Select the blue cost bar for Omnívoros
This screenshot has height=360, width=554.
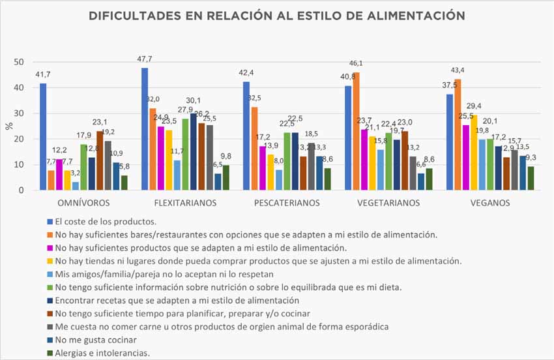click(x=43, y=137)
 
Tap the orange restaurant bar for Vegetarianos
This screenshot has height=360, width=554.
click(x=357, y=131)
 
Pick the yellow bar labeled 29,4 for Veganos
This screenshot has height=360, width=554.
click(x=474, y=153)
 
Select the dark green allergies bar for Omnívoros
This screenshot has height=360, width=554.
click(x=124, y=183)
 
